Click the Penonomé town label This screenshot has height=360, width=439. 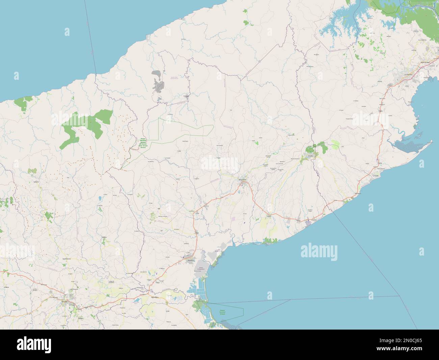243,179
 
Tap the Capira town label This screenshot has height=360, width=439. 381,111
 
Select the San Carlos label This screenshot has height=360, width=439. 358,193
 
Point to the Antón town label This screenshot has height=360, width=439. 269,216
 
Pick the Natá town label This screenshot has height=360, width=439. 197,233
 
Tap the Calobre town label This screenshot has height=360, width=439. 104,237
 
